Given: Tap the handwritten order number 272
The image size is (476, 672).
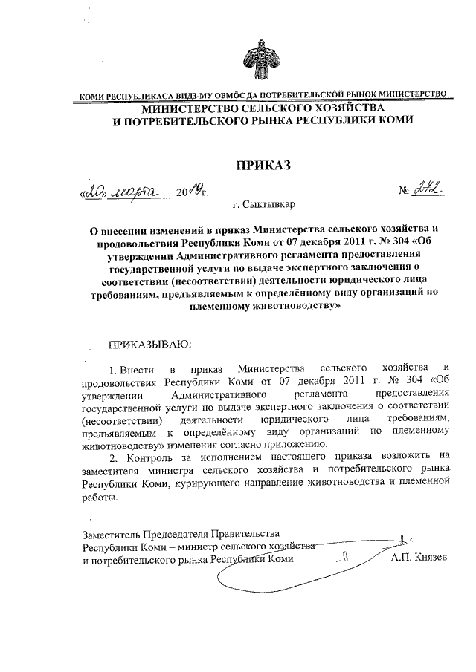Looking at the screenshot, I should (x=429, y=192).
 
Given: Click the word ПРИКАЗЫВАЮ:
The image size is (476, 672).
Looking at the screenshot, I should (x=150, y=345).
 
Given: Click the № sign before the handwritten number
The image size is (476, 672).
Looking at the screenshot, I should (x=406, y=192).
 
